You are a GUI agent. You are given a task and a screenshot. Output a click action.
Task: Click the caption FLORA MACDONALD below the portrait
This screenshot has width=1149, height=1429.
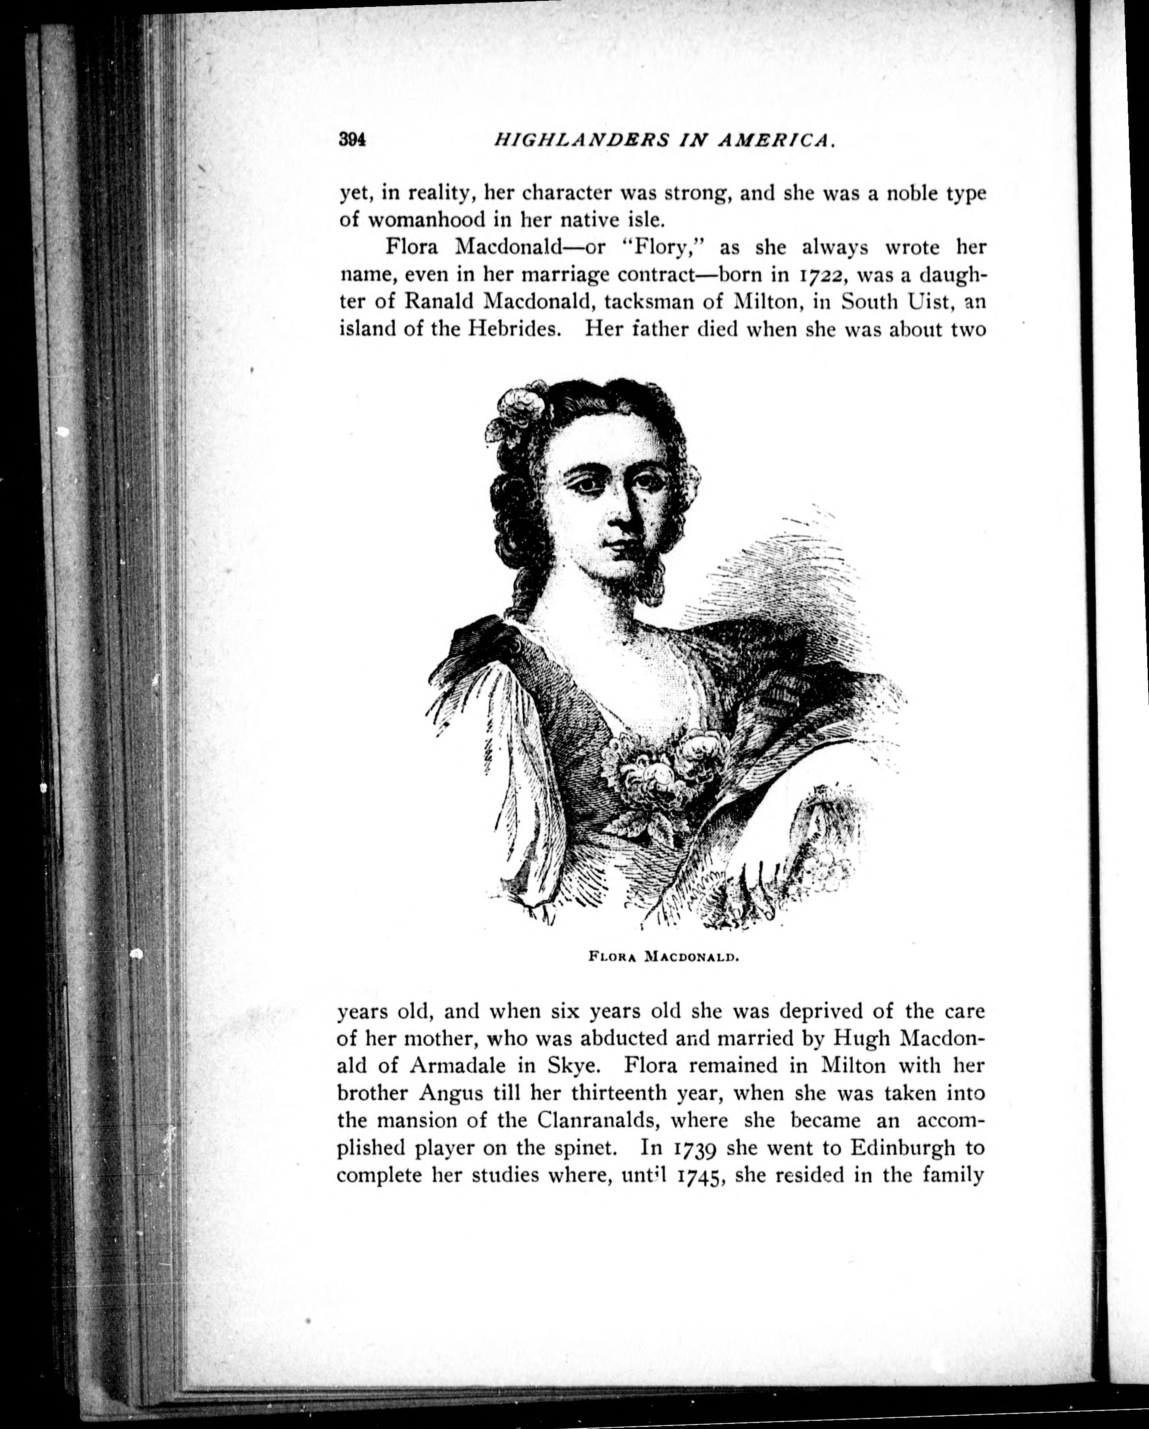664,957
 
